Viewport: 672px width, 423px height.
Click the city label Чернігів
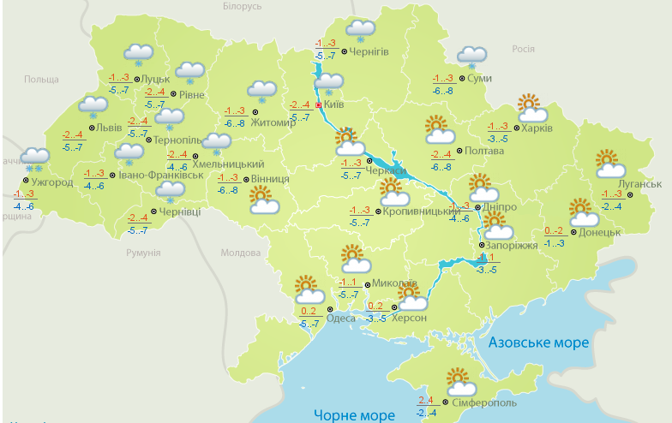pos(369,51)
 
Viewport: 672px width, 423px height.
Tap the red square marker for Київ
pos(319,105)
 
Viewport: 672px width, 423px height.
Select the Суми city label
pos(480,79)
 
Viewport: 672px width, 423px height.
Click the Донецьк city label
pos(599,232)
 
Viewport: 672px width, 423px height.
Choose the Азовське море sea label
pos(539,343)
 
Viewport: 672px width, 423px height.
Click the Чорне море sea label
pos(353,415)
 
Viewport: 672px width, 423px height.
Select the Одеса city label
pos(341,317)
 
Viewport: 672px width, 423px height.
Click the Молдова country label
pos(240,253)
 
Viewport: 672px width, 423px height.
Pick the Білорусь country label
pos(242,6)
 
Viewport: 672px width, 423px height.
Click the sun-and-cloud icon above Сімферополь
pos(460,379)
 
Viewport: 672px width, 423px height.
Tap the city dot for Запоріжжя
pos(481,246)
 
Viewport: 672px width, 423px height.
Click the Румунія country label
pos(143,253)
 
